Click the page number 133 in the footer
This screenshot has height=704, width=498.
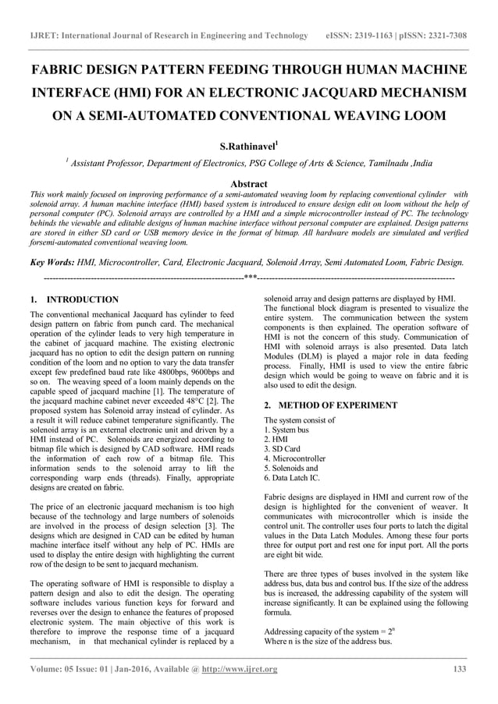point(460,670)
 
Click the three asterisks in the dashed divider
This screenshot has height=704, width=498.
point(250,278)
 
